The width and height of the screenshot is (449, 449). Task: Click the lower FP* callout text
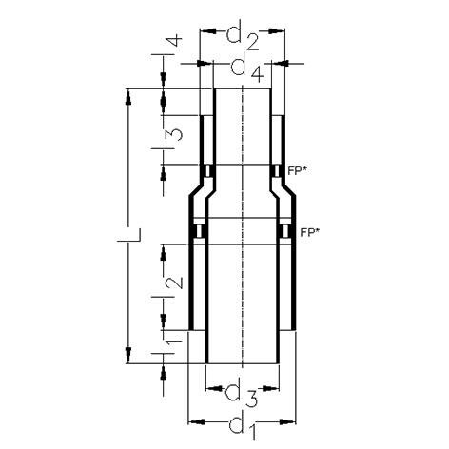[x=309, y=231]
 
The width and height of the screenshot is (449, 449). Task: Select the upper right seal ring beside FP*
[x=276, y=171]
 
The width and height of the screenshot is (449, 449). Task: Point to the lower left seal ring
[x=199, y=231]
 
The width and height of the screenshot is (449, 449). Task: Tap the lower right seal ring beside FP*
[x=283, y=231]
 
